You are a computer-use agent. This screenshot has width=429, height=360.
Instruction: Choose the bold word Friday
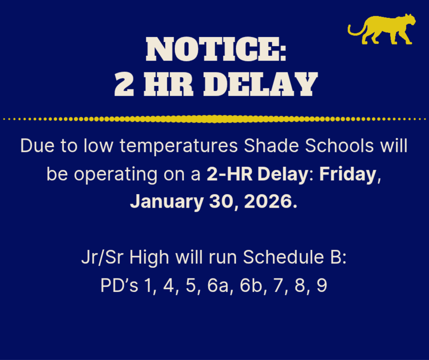349,174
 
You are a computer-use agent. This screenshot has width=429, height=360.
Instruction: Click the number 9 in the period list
322,286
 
